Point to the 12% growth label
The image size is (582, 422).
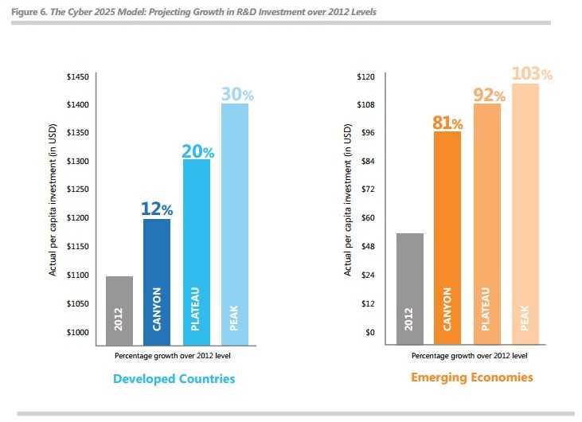click(x=157, y=209)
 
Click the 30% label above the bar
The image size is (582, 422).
click(x=236, y=94)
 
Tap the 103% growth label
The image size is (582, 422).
click(x=531, y=73)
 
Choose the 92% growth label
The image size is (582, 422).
click(x=489, y=96)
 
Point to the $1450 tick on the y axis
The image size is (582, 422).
click(x=77, y=76)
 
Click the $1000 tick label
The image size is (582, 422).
click(x=77, y=332)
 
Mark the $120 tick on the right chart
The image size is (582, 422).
click(x=365, y=76)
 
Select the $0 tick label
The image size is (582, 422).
click(x=370, y=332)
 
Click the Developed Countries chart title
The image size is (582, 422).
click(x=174, y=378)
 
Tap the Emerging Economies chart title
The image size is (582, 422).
click(x=472, y=377)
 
